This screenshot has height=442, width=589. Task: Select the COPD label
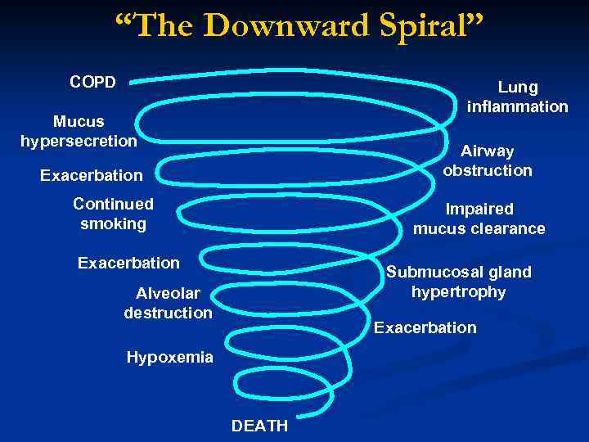coord(92,82)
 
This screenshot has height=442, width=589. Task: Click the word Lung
coord(518,87)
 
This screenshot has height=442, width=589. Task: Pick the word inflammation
coord(518,106)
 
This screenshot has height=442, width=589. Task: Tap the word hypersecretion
coord(79,141)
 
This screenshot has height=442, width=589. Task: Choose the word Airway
coord(488,151)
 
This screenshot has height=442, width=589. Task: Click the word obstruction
coord(488,170)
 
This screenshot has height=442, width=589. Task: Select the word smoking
coord(113,223)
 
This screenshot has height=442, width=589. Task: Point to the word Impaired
coord(479,209)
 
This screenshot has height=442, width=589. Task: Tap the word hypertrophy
coord(458,291)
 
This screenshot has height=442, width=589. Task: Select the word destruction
coord(168,312)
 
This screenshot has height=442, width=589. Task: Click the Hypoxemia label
coord(169,356)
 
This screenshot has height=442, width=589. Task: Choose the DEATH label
coord(260,426)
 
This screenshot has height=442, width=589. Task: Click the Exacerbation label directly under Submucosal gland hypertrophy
coord(425,327)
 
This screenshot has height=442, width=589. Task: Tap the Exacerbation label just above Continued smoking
coord(91,175)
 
